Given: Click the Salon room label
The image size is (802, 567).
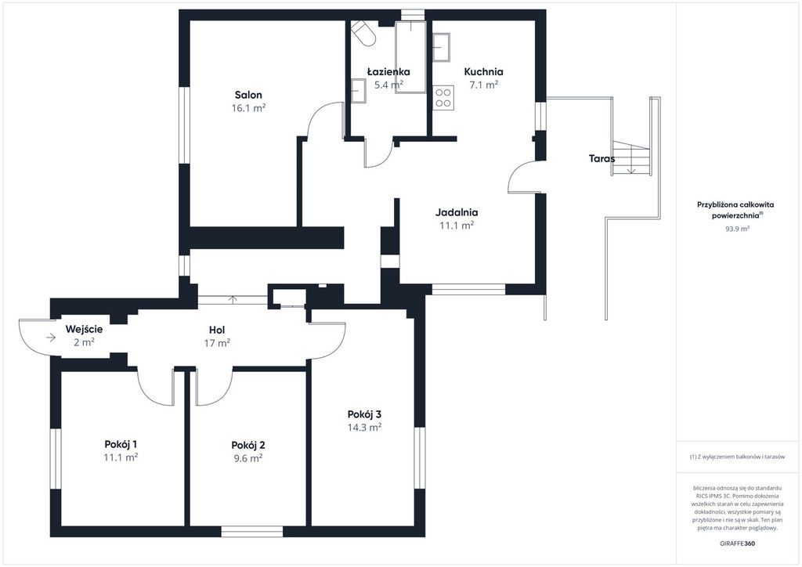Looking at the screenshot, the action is pyautogui.click(x=248, y=95).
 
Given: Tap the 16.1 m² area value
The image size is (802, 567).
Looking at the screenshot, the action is pyautogui.click(x=248, y=108).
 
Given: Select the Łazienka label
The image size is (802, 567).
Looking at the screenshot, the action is pyautogui.click(x=388, y=71).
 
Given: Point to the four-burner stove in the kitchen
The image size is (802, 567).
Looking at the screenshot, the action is pyautogui.click(x=443, y=98).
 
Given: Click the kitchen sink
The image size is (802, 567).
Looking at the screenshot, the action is pyautogui.click(x=442, y=47).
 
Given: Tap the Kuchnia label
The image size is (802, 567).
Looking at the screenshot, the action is pyautogui.click(x=483, y=71).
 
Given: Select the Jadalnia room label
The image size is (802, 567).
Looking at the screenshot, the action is pyautogui.click(x=457, y=211).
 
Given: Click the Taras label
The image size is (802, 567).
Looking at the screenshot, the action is pyautogui.click(x=601, y=158).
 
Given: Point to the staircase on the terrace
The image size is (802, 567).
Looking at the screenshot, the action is pyautogui.click(x=631, y=158).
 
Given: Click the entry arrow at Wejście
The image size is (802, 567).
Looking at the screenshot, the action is pyautogui.click(x=51, y=338).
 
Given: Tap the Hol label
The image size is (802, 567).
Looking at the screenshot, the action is pyautogui.click(x=217, y=330).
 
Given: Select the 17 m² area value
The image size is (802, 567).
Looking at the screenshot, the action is pyautogui.click(x=217, y=343).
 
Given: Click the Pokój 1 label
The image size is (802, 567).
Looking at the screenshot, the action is pyautogui.click(x=121, y=444).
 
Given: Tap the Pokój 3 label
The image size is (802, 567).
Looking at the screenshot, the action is pyautogui.click(x=364, y=414).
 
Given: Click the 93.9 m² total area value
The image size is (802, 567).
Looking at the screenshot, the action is pyautogui.click(x=737, y=229).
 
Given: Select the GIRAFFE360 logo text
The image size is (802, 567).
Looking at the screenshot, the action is pyautogui.click(x=736, y=543).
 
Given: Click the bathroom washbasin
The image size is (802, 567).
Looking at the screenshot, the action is pyautogui.click(x=358, y=91).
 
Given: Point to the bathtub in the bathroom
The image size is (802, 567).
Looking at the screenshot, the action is pyautogui.click(x=410, y=56).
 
